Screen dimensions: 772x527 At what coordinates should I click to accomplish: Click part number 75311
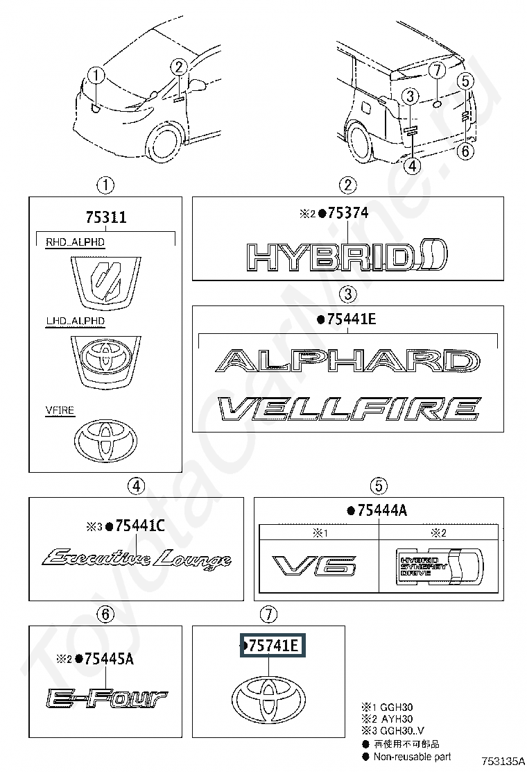(x=105, y=217)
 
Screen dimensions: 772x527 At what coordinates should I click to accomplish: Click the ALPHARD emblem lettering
(x=347, y=361)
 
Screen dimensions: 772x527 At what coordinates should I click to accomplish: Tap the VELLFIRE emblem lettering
(x=349, y=409)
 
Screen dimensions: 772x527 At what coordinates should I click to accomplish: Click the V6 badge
(x=315, y=566)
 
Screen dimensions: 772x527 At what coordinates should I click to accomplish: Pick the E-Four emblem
(x=106, y=697)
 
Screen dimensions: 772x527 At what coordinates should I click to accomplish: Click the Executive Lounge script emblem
(x=137, y=557)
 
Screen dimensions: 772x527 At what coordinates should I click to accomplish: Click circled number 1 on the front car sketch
(x=96, y=75)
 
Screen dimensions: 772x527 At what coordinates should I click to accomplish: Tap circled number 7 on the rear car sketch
(x=435, y=71)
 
